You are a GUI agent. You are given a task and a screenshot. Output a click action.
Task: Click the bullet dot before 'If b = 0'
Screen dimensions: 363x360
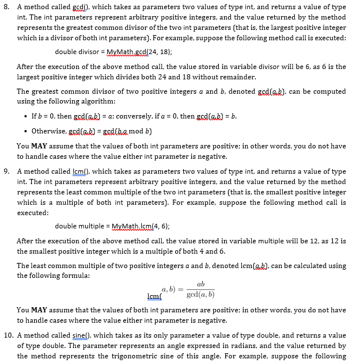point(25,117)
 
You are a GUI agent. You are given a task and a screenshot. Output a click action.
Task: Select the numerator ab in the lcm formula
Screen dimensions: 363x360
point(200,284)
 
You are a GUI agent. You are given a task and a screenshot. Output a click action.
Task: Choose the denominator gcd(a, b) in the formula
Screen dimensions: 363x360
point(201,295)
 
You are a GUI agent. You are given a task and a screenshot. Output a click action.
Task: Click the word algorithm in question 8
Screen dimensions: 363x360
point(82,101)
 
